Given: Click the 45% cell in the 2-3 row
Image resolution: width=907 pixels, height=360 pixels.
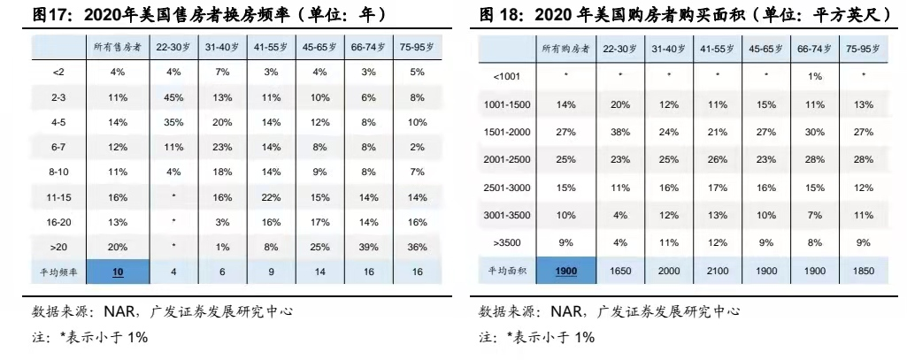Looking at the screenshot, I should click(x=173, y=97).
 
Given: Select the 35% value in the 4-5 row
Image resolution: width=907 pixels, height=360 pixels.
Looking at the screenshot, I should click(x=173, y=122).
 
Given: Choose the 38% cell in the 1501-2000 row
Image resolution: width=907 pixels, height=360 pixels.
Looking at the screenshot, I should click(x=619, y=131).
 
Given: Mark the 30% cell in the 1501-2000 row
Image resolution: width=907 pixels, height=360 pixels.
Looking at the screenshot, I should click(x=815, y=131).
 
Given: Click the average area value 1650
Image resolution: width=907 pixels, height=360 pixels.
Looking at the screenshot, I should click(x=619, y=270).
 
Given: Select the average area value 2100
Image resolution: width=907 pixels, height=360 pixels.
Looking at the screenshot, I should click(x=718, y=270).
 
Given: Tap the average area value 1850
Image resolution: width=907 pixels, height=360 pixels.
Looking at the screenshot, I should click(x=864, y=270).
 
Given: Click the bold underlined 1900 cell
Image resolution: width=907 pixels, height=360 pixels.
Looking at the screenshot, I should click(x=566, y=270).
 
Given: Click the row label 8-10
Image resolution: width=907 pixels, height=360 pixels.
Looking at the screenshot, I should click(x=60, y=172).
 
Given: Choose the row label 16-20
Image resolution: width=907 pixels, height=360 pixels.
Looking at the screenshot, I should click(x=60, y=223).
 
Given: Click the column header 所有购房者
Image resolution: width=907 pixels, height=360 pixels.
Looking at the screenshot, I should click(x=566, y=49).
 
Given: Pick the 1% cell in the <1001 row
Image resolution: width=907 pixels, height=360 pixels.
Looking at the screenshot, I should click(x=815, y=76).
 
